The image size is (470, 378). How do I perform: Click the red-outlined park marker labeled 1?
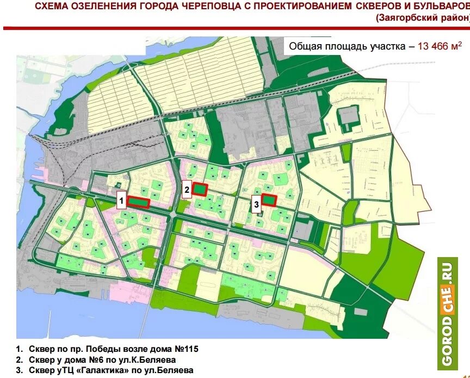tap(139, 203)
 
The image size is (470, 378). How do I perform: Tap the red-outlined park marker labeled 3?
tap(269, 200)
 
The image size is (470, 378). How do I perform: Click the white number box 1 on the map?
tap(122, 200)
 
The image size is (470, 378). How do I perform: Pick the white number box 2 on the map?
tap(187, 189)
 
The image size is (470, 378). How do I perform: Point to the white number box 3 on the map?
tap(256, 205)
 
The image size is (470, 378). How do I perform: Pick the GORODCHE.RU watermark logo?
tap(447, 313)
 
